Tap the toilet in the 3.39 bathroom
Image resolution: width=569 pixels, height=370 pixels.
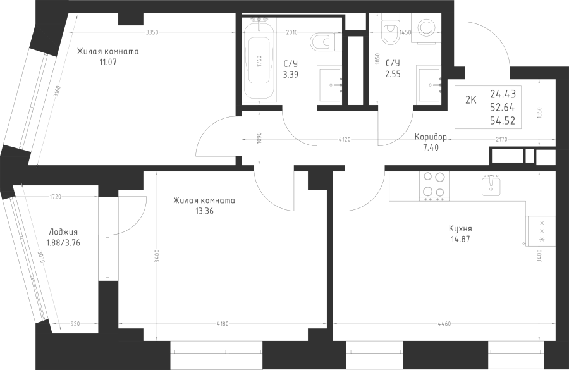click(326, 42)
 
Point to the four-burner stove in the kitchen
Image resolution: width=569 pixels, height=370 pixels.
click(434, 187)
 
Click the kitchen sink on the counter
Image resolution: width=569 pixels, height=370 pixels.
click(491, 185)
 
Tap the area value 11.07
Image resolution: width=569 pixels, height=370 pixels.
click(107, 62)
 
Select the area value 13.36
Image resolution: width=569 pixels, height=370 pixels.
click(204, 211)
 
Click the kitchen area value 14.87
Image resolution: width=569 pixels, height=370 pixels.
click(460, 239)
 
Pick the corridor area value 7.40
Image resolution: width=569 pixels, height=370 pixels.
click(431, 148)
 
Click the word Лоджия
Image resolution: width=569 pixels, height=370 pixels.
click(63, 232)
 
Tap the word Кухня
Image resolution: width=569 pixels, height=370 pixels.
click(460, 229)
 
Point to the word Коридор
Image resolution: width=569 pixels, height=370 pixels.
click(431, 138)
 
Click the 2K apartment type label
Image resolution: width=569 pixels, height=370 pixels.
click(470, 100)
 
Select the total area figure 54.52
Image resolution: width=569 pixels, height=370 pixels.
click(503, 121)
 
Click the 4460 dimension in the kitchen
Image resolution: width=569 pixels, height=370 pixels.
click(444, 324)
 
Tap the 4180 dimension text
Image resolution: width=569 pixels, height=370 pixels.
click(222, 324)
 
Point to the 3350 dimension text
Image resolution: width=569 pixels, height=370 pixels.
click(152, 32)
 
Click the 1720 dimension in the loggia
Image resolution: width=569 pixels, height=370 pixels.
click(55, 197)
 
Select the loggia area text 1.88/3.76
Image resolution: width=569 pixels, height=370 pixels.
click(63, 242)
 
